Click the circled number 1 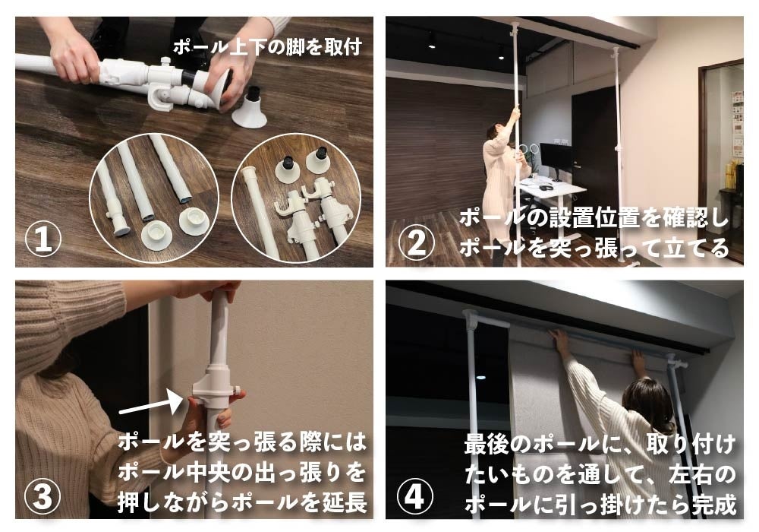pyautogui.click(x=43, y=239)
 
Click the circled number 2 pyautogui.click(x=416, y=242)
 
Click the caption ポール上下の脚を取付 pyautogui.click(x=267, y=47)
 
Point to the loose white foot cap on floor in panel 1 pyautogui.click(x=250, y=109)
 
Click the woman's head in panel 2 pyautogui.click(x=495, y=132)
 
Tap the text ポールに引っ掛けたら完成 pyautogui.click(x=600, y=504)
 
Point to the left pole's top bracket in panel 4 pyautogui.click(x=472, y=318)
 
